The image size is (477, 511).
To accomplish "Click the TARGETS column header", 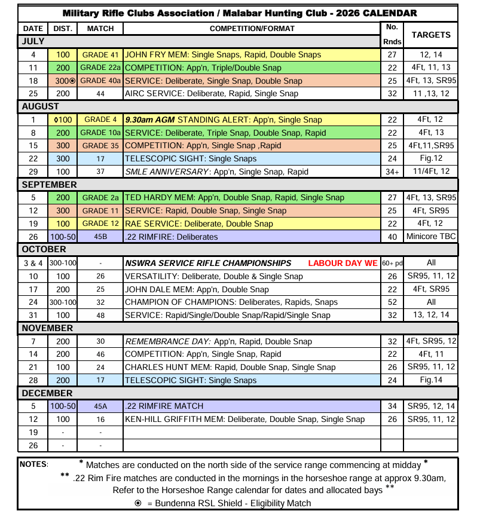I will [431, 35].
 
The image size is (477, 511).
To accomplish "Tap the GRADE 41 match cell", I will [100, 54].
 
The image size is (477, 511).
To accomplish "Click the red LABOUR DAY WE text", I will [343, 264].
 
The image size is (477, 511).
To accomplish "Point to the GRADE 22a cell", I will [100, 68].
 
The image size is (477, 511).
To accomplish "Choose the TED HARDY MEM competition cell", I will [234, 198].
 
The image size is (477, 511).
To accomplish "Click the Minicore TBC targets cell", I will [431, 237].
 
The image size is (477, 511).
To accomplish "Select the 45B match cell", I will [100, 237].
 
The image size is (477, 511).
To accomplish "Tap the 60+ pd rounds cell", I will [392, 264].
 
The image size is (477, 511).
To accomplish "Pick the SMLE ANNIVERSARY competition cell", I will [216, 172].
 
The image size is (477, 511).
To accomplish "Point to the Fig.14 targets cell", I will [431, 380].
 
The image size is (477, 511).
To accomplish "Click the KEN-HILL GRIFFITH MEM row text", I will [244, 419].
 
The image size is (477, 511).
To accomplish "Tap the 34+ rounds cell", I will [392, 172].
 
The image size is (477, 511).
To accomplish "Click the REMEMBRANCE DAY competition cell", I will [218, 341].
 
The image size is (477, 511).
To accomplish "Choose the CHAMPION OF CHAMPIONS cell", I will [231, 302].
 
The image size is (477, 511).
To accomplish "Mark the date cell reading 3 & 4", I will [33, 264].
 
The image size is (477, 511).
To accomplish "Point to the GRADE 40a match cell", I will [100, 81].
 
